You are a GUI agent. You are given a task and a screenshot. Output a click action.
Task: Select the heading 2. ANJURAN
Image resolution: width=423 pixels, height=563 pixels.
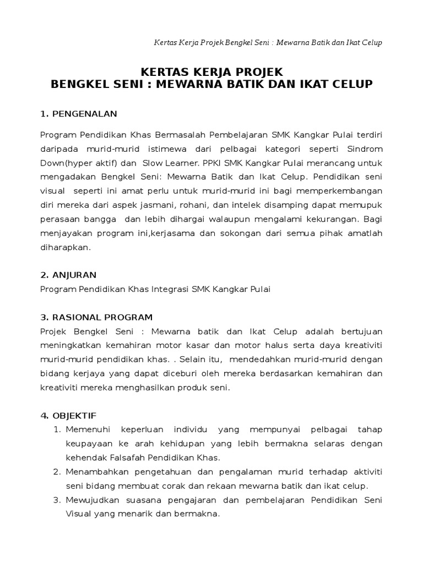(68, 274)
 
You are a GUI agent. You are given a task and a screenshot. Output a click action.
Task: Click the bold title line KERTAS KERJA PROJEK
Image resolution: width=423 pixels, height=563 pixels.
(212, 72)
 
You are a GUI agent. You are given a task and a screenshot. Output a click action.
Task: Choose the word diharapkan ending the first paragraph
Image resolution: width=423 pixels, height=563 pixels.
(66, 247)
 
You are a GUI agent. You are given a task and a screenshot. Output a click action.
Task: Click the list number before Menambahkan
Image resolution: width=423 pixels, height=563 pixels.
(56, 472)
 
